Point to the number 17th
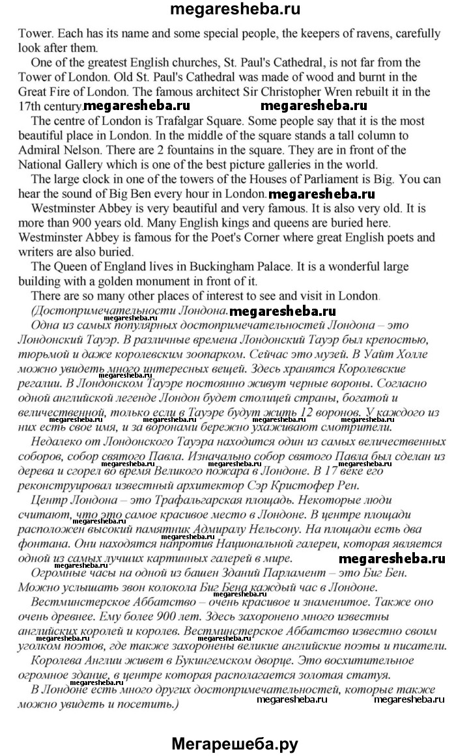click(29, 105)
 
